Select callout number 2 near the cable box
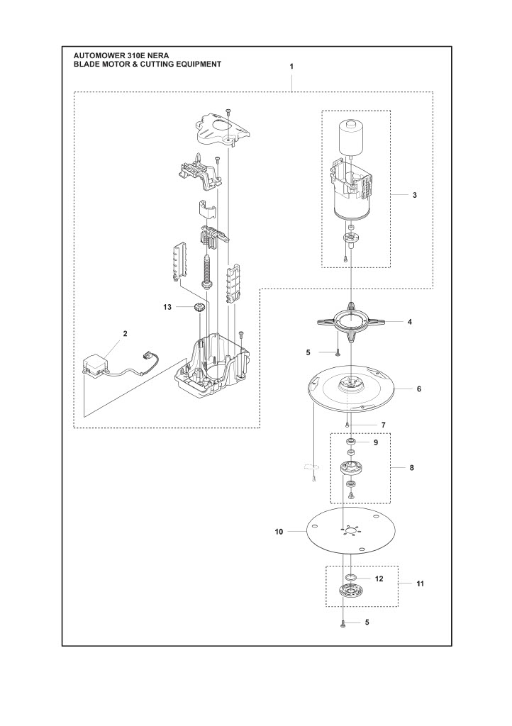click(126, 333)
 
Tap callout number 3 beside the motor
click(414, 194)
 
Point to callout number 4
click(409, 322)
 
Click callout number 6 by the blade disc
click(418, 389)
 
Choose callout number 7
click(383, 425)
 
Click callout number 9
click(376, 442)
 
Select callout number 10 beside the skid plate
click(279, 531)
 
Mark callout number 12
click(379, 579)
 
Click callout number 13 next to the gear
click(167, 307)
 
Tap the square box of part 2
click(94, 364)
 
